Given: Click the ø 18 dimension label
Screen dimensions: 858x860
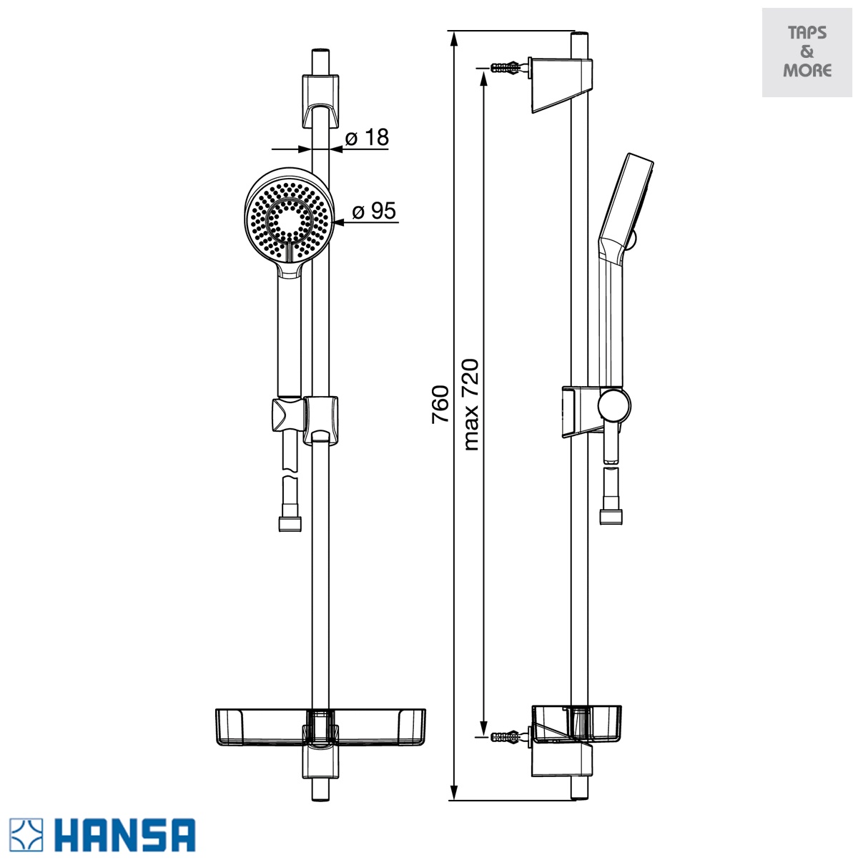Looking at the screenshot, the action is pos(367,137).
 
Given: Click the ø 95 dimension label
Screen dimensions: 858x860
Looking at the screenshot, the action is pos(374,211).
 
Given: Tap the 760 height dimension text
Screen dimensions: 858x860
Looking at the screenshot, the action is pos(440,405).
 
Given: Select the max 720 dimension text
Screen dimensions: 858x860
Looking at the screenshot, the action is pos(471,405).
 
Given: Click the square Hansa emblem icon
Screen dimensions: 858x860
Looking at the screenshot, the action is pos(26,834).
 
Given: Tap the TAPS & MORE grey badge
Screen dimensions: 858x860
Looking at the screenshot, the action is pos(807,52).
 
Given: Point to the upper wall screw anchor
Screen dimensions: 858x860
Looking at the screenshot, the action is pos(506,68).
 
